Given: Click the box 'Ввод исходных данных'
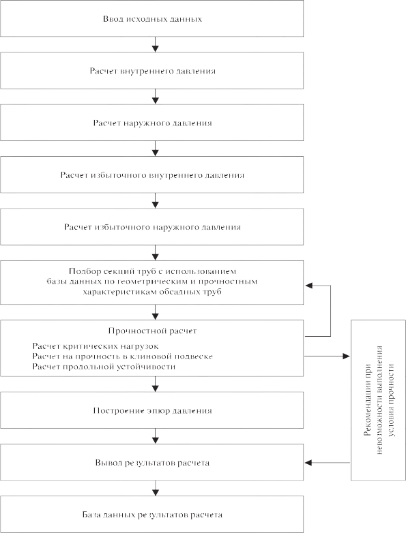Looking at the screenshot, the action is pos(151,18).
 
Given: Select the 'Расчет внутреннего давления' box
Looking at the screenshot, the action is pos(151,71).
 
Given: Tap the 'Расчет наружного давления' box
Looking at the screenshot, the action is pos(151,123).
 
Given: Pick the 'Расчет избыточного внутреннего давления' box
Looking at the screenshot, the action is pos(151,174).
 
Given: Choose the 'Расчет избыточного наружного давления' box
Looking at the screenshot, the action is pos(151,227).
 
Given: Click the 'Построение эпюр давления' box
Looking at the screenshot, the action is pos(151,410).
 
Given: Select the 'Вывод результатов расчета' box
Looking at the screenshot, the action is pos(151,462).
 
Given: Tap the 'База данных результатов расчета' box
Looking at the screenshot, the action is pos(151,515).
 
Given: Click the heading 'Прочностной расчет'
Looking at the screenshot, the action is pos(152,331).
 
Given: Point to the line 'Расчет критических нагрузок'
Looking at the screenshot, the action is pos(96,346).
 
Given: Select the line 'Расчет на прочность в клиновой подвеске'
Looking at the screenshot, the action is pos(123,356).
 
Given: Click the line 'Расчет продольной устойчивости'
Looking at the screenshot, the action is pos(104,367).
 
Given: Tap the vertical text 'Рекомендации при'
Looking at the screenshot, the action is pos(367,391).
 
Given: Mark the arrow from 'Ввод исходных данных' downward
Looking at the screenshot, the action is pos(155,44).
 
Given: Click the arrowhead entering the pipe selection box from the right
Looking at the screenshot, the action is pos(308,286).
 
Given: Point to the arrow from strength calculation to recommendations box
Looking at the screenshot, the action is pos(327,356).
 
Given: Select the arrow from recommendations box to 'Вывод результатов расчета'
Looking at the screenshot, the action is pos(327,463).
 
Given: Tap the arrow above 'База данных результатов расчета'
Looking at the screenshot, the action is pos(155,488).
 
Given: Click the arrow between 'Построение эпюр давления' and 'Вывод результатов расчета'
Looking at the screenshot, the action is pos(155,436).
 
